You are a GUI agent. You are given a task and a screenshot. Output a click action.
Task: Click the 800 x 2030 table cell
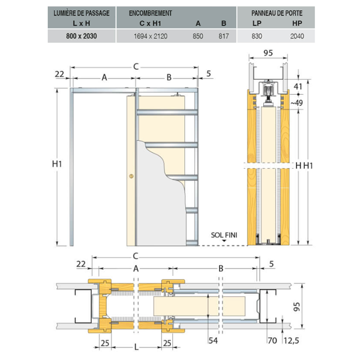pos(82,36)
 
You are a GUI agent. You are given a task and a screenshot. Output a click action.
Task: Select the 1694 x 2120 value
pos(151,36)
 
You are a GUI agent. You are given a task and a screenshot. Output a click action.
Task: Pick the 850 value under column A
pos(198,36)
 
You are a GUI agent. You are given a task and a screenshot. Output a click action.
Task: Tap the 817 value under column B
pos(224,36)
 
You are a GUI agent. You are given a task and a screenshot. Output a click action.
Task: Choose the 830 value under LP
pos(257,36)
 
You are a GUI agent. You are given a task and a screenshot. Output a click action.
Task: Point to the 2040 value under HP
pos(297,36)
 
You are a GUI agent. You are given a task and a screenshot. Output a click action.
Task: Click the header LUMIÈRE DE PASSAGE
pos(82,13)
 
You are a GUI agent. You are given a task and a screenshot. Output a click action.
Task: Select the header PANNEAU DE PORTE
pos(277,13)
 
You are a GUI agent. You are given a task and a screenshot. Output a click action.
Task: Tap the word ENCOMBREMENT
pos(151,13)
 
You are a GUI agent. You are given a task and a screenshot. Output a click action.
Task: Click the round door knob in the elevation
pos(131,176)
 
